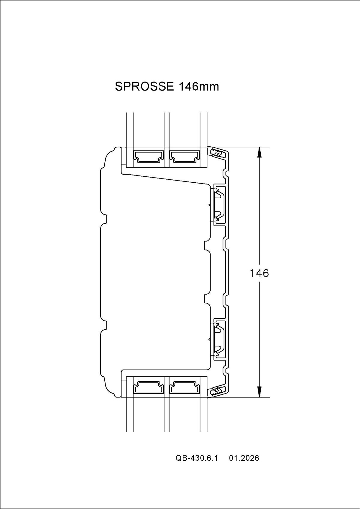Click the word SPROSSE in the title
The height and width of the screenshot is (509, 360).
click(144, 87)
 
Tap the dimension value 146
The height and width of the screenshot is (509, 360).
click(259, 273)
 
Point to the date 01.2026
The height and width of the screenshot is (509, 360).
click(244, 467)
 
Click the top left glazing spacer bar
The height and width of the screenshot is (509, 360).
click(148, 156)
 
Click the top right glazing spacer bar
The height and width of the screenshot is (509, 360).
click(184, 156)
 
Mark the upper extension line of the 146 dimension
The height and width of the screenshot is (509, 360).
click(249, 147)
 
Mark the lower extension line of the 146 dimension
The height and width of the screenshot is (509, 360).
click(249, 397)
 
